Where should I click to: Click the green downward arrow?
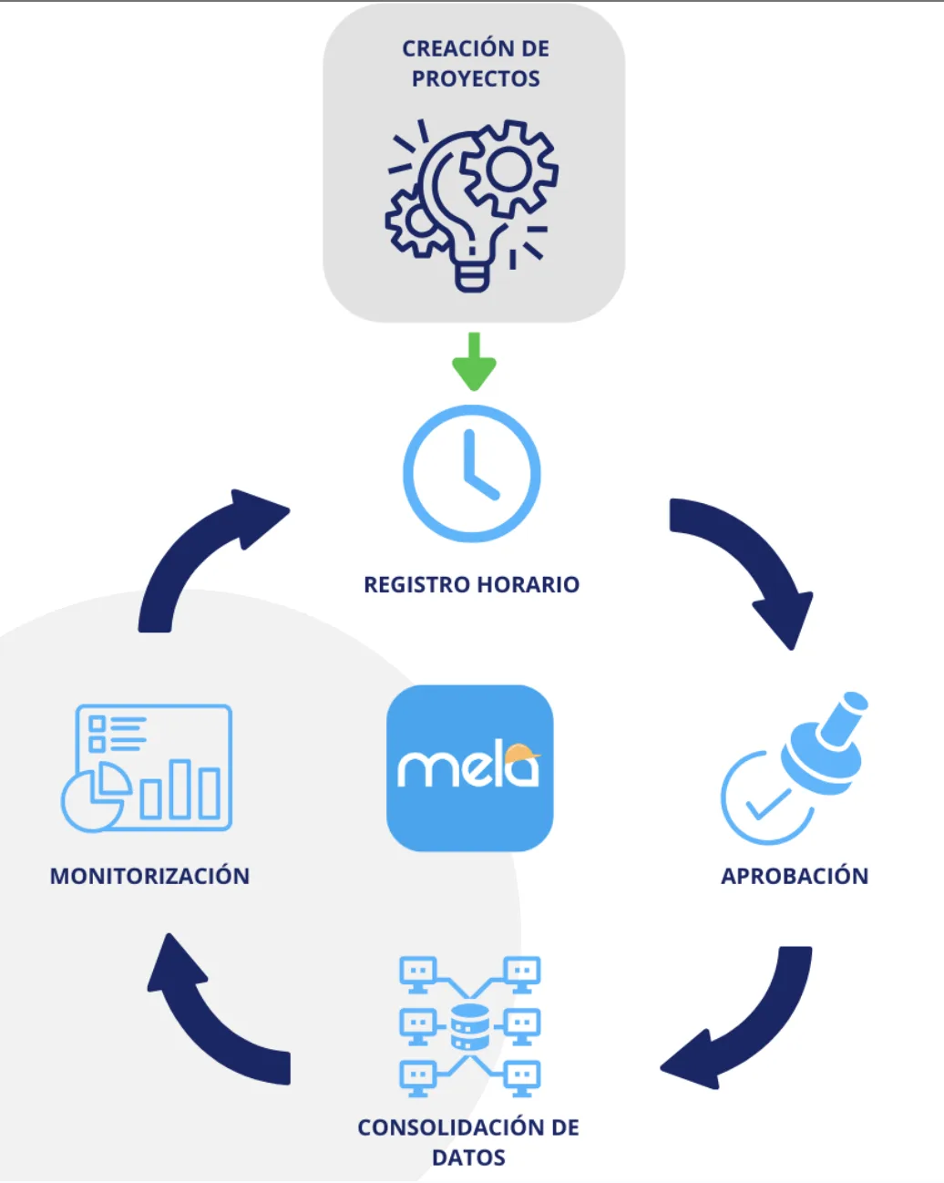474,362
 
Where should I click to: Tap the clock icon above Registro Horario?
472,474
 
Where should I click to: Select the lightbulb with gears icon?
472,206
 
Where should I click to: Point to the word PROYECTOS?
476,79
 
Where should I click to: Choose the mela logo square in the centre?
470,768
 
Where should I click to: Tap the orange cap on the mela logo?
520,753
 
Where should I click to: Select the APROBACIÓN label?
795,877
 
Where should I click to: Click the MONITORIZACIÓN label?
149,877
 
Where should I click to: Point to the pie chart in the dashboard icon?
93,798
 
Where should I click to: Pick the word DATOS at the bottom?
468,1158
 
